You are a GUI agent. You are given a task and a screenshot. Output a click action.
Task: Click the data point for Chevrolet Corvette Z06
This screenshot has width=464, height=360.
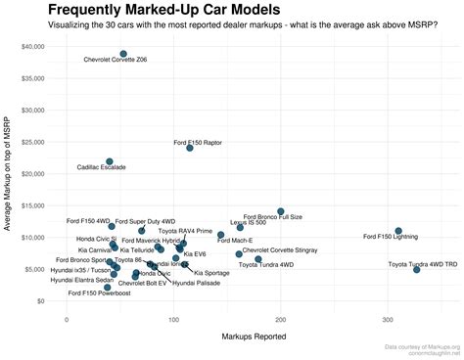tap(123, 54)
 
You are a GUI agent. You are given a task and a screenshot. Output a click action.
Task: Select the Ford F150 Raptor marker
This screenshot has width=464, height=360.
tap(190, 148)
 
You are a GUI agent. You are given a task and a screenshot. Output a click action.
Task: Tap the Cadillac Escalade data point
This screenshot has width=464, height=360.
tap(110, 161)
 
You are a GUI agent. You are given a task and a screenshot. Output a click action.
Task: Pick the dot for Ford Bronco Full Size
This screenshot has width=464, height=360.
tap(281, 211)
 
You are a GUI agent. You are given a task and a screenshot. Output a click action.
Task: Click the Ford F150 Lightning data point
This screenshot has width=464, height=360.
tap(398, 231)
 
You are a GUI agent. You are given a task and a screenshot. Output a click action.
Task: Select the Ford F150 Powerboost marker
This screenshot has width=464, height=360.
tap(108, 288)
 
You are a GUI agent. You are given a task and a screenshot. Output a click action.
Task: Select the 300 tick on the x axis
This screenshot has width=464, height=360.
tap(388, 319)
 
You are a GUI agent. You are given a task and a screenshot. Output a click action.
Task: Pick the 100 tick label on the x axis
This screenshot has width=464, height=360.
tap(173, 319)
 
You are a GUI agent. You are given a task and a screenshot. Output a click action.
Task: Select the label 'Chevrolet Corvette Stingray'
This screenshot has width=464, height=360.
tap(280, 250)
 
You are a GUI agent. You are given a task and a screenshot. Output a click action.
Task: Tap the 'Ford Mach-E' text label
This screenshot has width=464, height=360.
tap(235, 240)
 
